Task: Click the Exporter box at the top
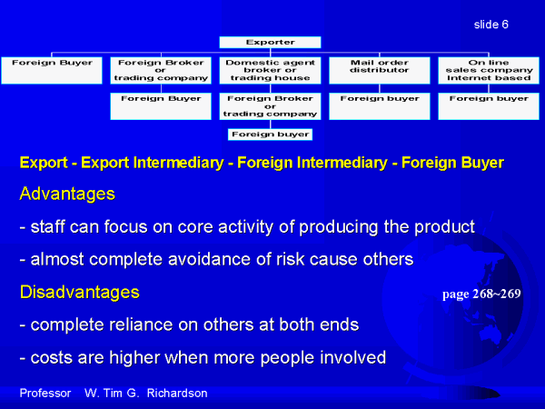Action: [x=270, y=43]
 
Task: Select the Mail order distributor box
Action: [x=379, y=71]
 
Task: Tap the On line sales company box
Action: [x=489, y=71]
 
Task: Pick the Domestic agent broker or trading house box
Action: [x=270, y=71]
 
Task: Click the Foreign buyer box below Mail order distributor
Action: [x=379, y=106]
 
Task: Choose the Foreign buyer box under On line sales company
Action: [x=489, y=106]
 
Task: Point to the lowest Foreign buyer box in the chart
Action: [x=270, y=135]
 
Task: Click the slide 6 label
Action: [x=491, y=25]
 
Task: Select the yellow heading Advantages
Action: [x=67, y=194]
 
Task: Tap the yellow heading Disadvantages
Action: [x=80, y=292]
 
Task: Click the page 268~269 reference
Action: [x=481, y=294]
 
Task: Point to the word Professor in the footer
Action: [x=45, y=393]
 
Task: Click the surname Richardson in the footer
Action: [x=177, y=393]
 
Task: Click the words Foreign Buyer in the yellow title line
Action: [x=452, y=163]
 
